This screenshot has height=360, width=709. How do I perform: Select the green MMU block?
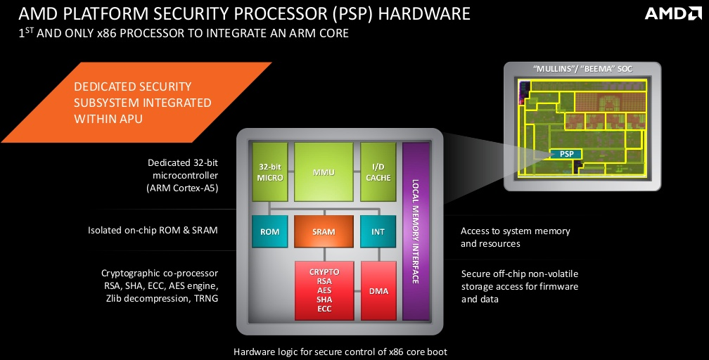tap(324, 172)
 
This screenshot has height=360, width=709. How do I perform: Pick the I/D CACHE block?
tap(378, 172)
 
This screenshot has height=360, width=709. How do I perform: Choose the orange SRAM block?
tap(324, 231)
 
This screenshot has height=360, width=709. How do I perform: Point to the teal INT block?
tap(378, 231)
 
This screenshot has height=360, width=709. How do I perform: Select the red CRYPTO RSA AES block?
tap(324, 290)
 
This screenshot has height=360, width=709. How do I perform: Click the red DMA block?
tap(378, 290)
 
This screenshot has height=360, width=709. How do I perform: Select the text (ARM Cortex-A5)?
tap(182, 189)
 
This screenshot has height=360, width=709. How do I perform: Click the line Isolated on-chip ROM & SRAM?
tap(153, 230)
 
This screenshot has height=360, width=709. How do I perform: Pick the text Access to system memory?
tap(515, 231)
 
